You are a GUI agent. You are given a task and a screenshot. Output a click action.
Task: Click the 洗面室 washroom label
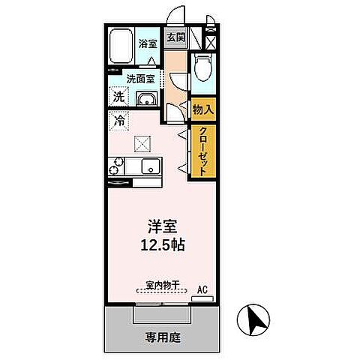tap(141, 78)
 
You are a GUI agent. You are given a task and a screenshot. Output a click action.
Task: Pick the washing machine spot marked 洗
tap(119, 96)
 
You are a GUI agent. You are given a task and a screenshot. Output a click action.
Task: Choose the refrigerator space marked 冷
tap(119, 120)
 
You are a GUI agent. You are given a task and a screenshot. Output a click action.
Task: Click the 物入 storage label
tap(203, 109)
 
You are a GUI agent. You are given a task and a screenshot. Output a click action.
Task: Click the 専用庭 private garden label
tap(160, 337)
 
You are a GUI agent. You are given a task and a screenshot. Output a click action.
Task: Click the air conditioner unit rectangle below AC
tap(202, 298)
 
